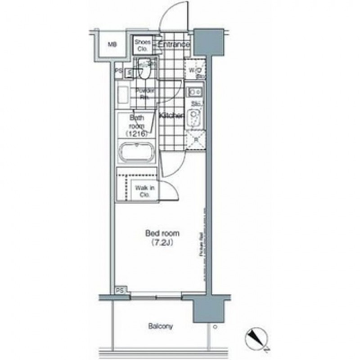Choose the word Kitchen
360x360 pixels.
171,116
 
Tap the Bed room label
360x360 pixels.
162,234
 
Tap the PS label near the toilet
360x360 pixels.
118,71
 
